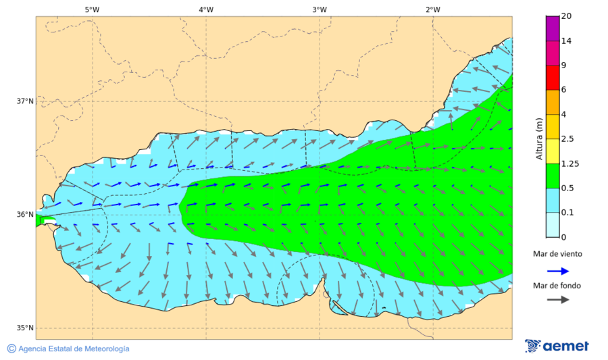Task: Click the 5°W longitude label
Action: tap(92, 9)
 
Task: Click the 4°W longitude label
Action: tap(206, 9)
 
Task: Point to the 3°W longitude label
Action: tap(320, 9)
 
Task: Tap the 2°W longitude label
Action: tap(433, 9)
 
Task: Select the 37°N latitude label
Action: tap(25, 101)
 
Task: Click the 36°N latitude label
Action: tap(25, 215)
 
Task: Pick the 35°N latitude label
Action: tap(25, 328)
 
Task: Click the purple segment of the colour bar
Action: tap(552, 28)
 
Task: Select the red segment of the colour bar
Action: tap(552, 78)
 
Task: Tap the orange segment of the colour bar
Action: tap(552, 102)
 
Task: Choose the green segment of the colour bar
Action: tap(552, 176)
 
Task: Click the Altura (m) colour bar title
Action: tap(539, 138)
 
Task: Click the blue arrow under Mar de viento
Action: tap(557, 270)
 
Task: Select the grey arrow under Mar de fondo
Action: tap(557, 300)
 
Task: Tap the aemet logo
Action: tap(557, 346)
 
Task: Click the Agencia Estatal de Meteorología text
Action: tap(74, 349)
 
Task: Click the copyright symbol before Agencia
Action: tap(11, 349)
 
